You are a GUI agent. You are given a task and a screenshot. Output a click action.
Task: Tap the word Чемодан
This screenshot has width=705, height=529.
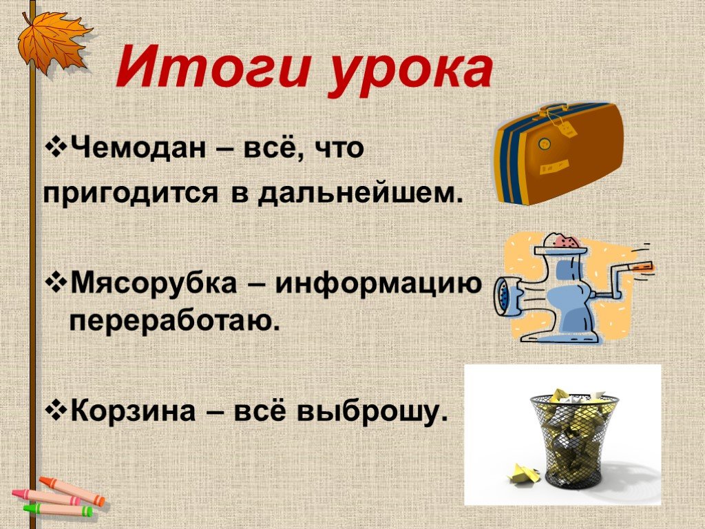pos(138,147)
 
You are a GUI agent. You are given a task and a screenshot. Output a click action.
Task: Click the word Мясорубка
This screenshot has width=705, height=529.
pos(154,282)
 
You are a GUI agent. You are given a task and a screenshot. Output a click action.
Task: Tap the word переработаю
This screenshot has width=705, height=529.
pos(174,321)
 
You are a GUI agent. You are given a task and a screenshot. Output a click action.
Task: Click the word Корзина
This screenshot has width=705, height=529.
pos(133,411)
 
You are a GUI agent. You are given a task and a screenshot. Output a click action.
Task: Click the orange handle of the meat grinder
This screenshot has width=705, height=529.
pos(641,267)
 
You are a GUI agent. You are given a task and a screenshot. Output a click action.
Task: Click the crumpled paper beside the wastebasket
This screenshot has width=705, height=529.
pos(524,475)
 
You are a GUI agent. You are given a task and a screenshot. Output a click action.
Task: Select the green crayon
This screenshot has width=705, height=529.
pos(59,509)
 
